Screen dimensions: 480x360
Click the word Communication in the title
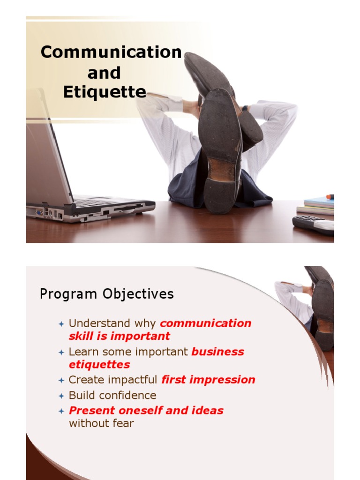(111, 52)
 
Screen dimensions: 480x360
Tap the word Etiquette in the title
(105, 92)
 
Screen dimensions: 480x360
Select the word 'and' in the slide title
(104, 73)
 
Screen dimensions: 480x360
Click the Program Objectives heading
(106, 294)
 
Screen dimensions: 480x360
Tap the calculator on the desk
(313, 224)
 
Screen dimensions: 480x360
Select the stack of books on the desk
(319, 206)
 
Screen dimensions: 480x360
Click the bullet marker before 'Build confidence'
(61, 396)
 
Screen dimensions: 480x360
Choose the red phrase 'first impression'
(208, 380)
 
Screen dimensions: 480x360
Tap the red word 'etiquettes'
(99, 364)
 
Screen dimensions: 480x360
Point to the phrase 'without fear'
(101, 423)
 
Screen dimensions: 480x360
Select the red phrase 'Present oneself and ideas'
(146, 411)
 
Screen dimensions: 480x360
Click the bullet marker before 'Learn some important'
(61, 352)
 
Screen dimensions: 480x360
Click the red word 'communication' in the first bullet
(206, 323)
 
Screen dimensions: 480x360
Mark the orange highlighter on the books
(330, 196)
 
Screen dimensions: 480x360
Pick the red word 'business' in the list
(217, 352)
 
